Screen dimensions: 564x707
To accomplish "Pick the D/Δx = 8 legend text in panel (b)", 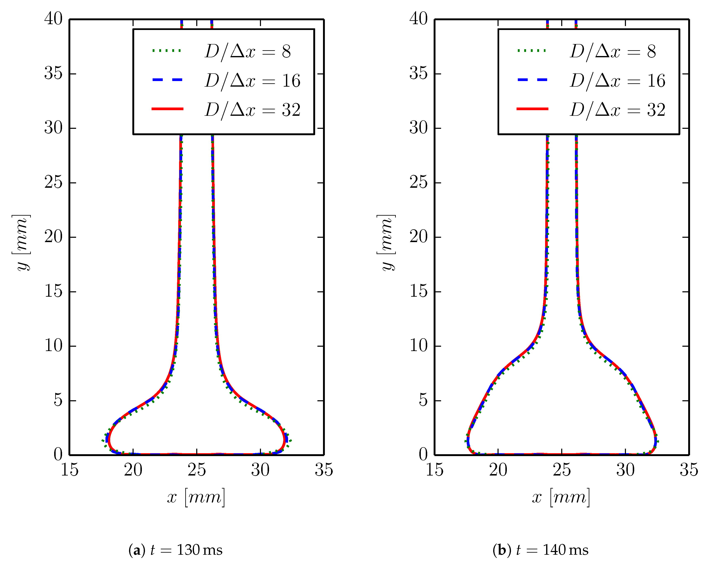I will point(612,51).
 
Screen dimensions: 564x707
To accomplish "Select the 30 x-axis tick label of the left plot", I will point(260,470).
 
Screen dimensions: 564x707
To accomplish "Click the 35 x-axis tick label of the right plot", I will point(689,470).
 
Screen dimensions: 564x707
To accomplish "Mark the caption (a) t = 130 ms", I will point(175,550).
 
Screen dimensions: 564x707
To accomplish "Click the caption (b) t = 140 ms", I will point(540,550).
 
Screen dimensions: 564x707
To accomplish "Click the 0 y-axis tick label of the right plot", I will point(423,454).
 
